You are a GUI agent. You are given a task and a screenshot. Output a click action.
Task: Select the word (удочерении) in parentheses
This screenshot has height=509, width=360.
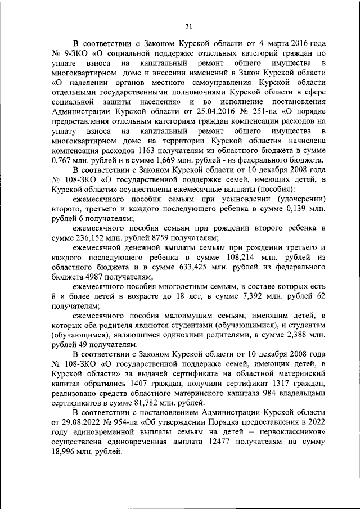[x=294, y=199]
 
